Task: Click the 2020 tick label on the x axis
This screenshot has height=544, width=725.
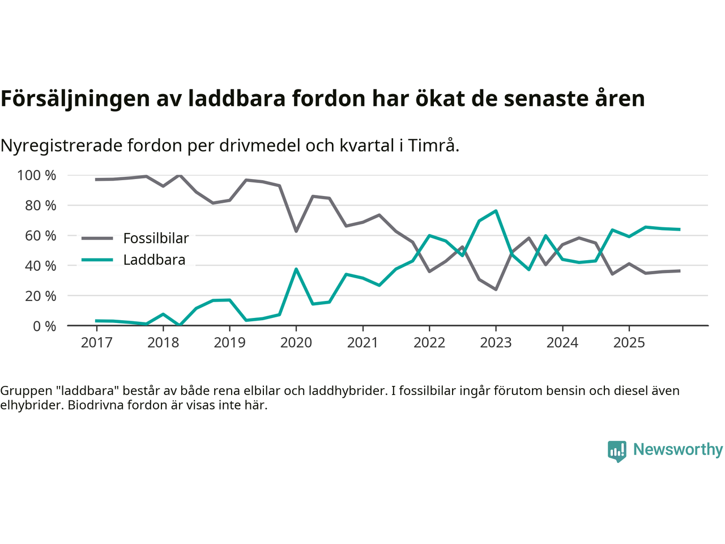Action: pyautogui.click(x=296, y=343)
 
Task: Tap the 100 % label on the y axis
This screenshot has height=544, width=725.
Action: pyautogui.click(x=37, y=176)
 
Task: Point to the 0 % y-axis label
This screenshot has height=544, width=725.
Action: pyautogui.click(x=45, y=326)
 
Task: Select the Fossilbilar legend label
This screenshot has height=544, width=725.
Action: pyautogui.click(x=156, y=239)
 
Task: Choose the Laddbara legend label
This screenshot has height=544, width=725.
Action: pyautogui.click(x=154, y=260)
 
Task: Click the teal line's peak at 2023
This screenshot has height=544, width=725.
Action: pyautogui.click(x=496, y=211)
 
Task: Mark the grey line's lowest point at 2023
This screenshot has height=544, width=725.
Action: pyautogui.click(x=496, y=289)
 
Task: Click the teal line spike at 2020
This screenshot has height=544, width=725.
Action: pyautogui.click(x=296, y=269)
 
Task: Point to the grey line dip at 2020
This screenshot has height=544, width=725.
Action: pyautogui.click(x=296, y=231)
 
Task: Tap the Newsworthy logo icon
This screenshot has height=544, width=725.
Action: pyautogui.click(x=617, y=451)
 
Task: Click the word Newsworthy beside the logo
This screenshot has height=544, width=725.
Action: pyautogui.click(x=677, y=449)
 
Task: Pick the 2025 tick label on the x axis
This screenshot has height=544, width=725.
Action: pyautogui.click(x=629, y=343)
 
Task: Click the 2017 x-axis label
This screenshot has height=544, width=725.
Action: pyautogui.click(x=96, y=343)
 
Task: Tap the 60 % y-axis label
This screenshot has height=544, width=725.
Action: pyautogui.click(x=41, y=236)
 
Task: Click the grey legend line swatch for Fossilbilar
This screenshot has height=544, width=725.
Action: pyautogui.click(x=97, y=239)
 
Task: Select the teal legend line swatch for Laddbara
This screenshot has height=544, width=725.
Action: pyautogui.click(x=97, y=260)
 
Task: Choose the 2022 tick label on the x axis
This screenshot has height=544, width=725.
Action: pyautogui.click(x=429, y=343)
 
